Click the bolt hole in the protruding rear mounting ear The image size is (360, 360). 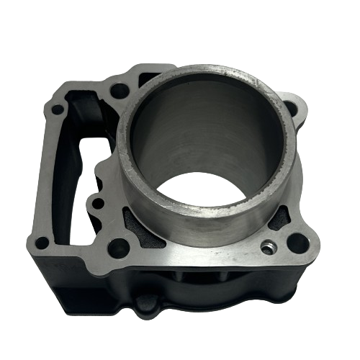tap(290, 109)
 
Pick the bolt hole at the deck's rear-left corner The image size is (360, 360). tap(57, 110)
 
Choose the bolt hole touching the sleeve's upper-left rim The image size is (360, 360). tap(120, 91)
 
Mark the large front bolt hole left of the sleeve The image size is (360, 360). tap(121, 248)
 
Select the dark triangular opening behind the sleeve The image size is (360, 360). tap(150, 74)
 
